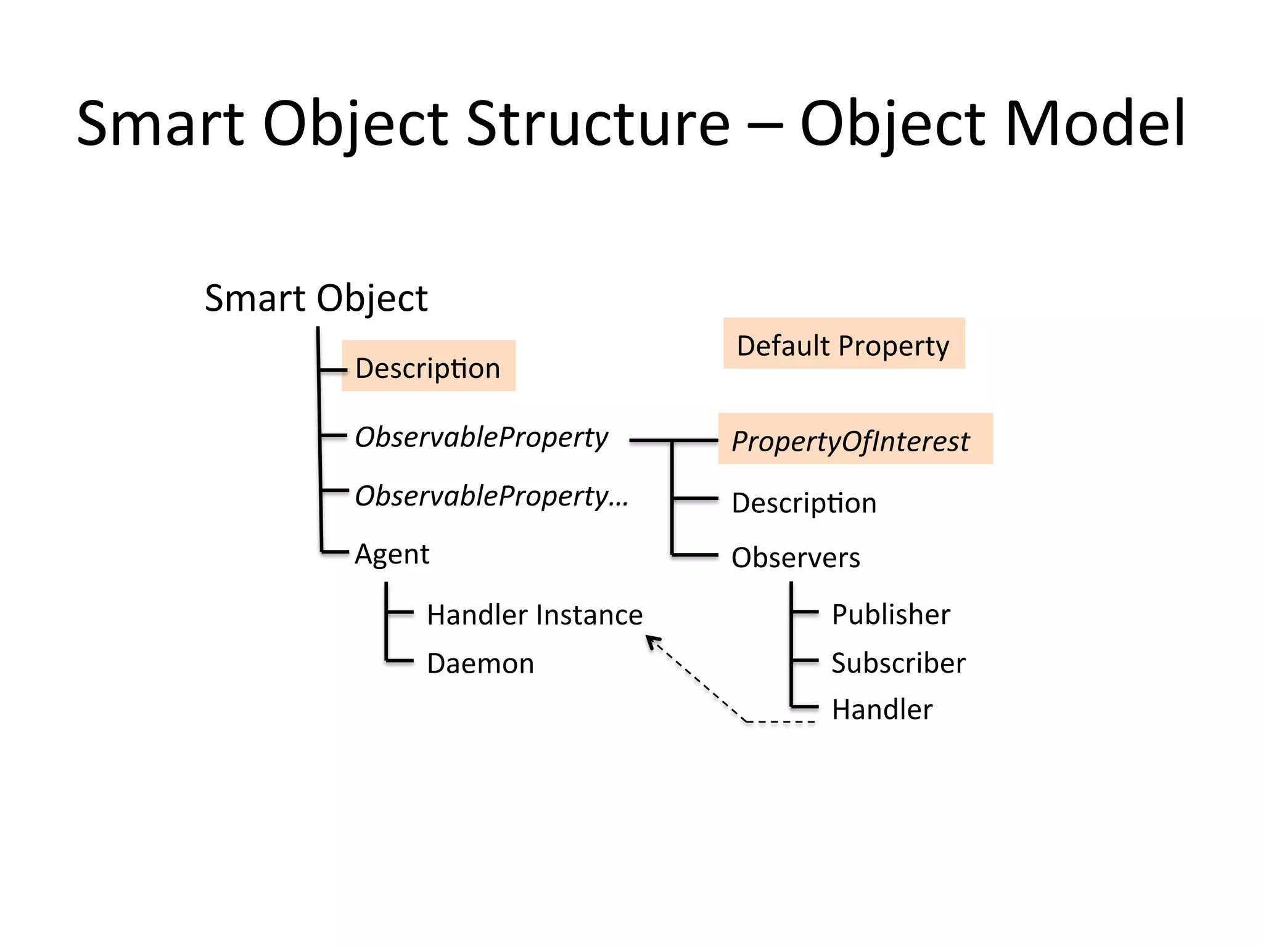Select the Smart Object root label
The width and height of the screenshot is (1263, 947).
point(316,299)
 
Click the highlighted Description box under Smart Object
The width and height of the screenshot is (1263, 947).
point(429,366)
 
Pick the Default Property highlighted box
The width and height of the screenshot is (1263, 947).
point(844,344)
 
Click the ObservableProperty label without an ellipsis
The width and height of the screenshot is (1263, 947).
point(482,437)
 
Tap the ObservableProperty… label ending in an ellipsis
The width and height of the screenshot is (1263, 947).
point(492,496)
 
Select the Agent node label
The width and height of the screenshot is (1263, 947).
point(392,554)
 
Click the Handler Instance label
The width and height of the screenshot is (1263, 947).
point(535,615)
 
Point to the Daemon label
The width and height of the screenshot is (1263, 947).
point(480,663)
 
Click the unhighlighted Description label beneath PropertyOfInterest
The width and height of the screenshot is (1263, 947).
point(804,503)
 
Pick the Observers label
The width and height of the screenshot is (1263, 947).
point(796,557)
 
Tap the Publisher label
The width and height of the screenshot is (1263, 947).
point(891,614)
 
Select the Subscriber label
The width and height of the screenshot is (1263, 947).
point(898,663)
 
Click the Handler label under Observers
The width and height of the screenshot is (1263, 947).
point(882,709)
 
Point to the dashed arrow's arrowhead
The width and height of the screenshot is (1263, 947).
point(652,642)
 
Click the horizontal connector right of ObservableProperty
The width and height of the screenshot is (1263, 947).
point(650,440)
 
